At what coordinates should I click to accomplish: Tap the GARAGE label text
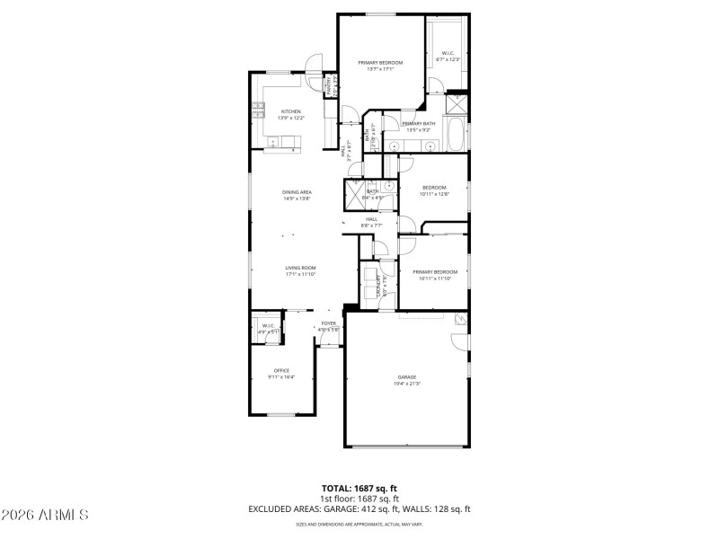coord(407,377)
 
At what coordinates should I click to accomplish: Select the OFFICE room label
coord(282,371)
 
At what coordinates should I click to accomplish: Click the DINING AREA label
coord(297,192)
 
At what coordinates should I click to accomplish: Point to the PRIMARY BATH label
coord(419,124)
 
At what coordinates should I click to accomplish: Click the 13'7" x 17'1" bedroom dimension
coord(380,68)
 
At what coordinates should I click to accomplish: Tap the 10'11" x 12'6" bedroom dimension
coord(434,193)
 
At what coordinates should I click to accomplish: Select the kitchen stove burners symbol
coord(256,111)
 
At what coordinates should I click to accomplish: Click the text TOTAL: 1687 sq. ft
coord(359,489)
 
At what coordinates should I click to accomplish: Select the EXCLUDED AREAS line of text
coord(359,508)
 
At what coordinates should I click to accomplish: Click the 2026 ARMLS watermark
coord(45,515)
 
